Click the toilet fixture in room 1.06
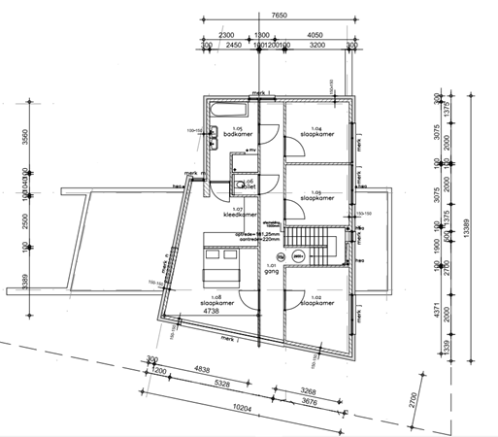point(239,181)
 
